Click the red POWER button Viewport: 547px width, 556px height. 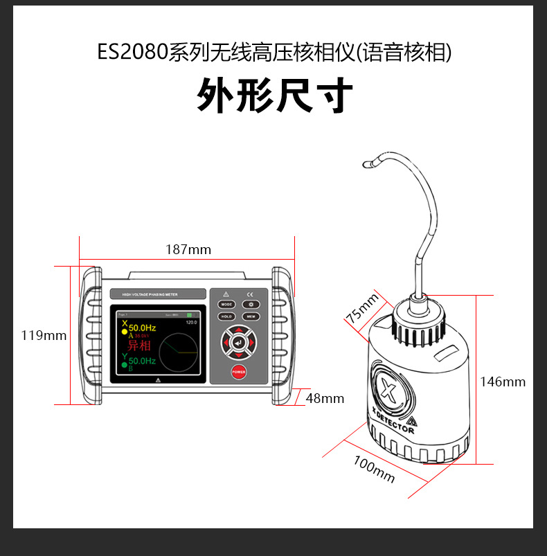coord(239,372)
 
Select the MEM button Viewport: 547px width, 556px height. coord(251,316)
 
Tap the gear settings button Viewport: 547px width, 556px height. coord(251,304)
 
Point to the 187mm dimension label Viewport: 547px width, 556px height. coord(188,249)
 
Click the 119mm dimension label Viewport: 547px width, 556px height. coord(44,335)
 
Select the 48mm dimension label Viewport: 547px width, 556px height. coord(325,398)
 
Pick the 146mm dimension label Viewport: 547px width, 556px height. coord(503,382)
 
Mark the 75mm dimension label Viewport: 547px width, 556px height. coord(363,310)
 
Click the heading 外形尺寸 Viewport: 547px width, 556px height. coord(275,95)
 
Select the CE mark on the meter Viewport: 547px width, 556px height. coord(251,294)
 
